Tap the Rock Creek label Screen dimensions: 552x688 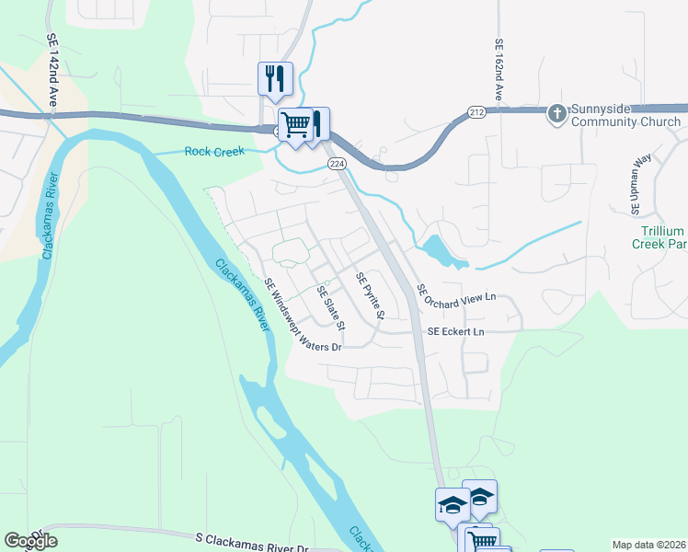click(x=214, y=152)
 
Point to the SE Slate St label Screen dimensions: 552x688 click(x=330, y=308)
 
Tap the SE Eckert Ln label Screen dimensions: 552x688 click(x=455, y=331)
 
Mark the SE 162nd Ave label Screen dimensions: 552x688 click(x=499, y=69)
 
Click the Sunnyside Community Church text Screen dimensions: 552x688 click(x=625, y=115)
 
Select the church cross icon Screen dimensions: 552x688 click(x=556, y=114)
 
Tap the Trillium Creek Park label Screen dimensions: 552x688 click(x=659, y=237)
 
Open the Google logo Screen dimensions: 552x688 click(x=30, y=541)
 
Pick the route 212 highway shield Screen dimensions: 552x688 click(x=476, y=112)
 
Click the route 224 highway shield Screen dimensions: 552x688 click(x=336, y=163)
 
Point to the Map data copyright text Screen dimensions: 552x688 click(x=648, y=545)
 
